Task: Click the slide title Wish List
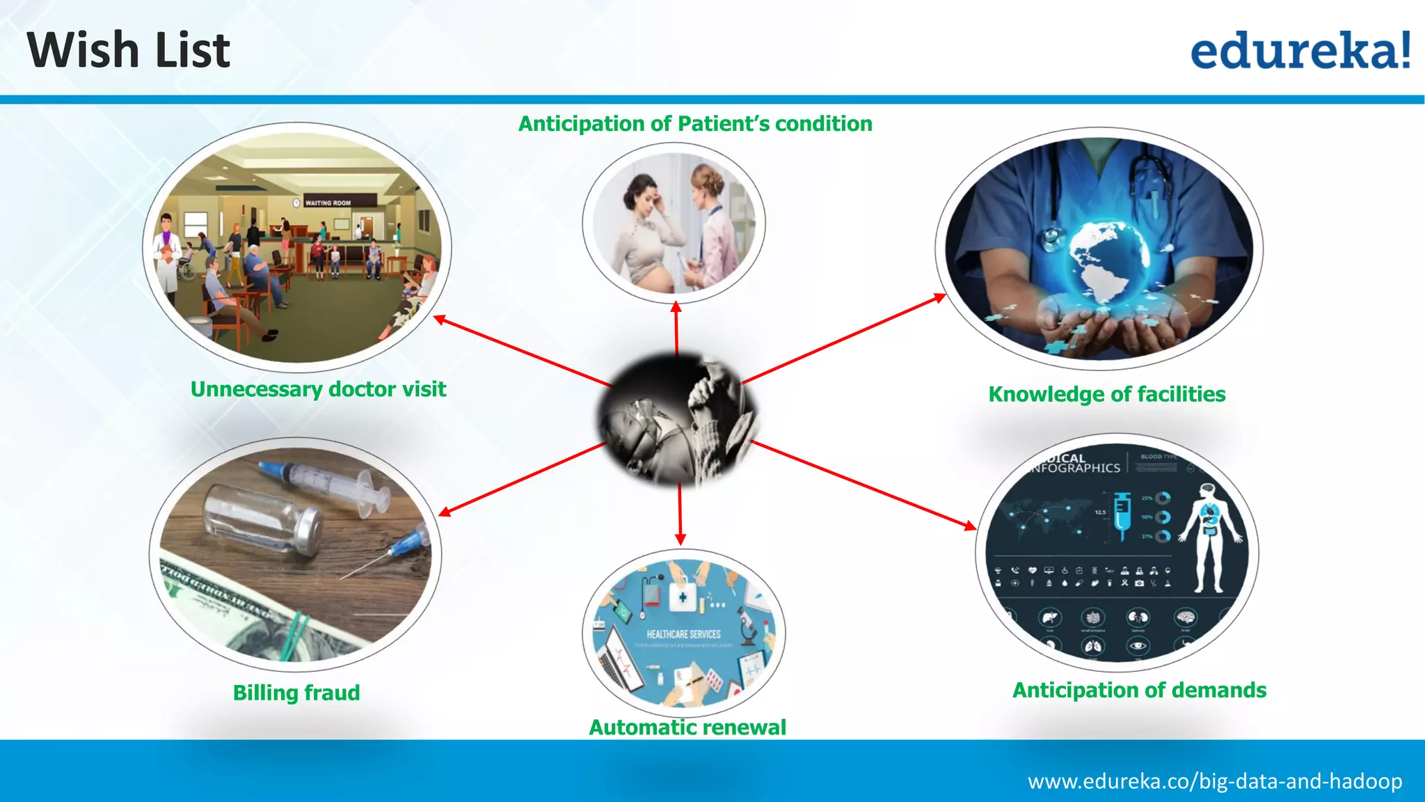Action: (129, 50)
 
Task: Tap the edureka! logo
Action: (1300, 50)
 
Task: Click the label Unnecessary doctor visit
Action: (318, 389)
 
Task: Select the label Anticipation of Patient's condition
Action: (695, 124)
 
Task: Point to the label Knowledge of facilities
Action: (1106, 394)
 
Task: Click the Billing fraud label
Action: (296, 693)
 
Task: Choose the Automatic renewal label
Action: (687, 727)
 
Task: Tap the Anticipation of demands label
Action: (1139, 690)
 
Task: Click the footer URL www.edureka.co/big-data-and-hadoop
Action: (1215, 781)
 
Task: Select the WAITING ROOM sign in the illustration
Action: (328, 203)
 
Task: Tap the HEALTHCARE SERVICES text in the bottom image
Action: (683, 634)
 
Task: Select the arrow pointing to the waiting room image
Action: (522, 352)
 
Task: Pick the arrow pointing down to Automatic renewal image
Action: (680, 515)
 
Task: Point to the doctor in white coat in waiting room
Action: (167, 254)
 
